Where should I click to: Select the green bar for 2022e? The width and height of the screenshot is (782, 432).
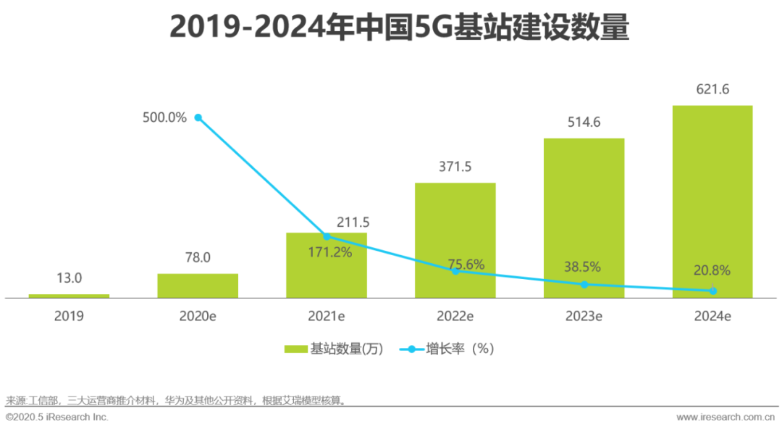455,240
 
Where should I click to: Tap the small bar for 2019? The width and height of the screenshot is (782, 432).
69,296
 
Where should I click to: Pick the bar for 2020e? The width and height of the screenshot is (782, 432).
198,286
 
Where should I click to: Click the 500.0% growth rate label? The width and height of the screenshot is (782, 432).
164,117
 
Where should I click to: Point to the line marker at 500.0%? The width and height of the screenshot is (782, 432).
198,117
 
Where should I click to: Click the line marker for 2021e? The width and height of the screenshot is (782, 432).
327,236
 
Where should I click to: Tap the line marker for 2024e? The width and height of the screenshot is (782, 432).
713,291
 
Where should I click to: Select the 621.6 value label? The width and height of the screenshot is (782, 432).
712,90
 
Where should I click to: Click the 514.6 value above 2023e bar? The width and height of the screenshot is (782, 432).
584,122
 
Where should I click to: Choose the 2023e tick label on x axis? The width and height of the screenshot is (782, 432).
584,316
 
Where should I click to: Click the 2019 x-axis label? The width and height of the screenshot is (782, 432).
69,316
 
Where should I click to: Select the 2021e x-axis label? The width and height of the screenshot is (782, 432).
327,316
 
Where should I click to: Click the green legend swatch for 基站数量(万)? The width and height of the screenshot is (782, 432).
295,349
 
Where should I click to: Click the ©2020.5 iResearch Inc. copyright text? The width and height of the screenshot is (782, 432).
57,418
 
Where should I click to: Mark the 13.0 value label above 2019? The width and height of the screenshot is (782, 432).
70,278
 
